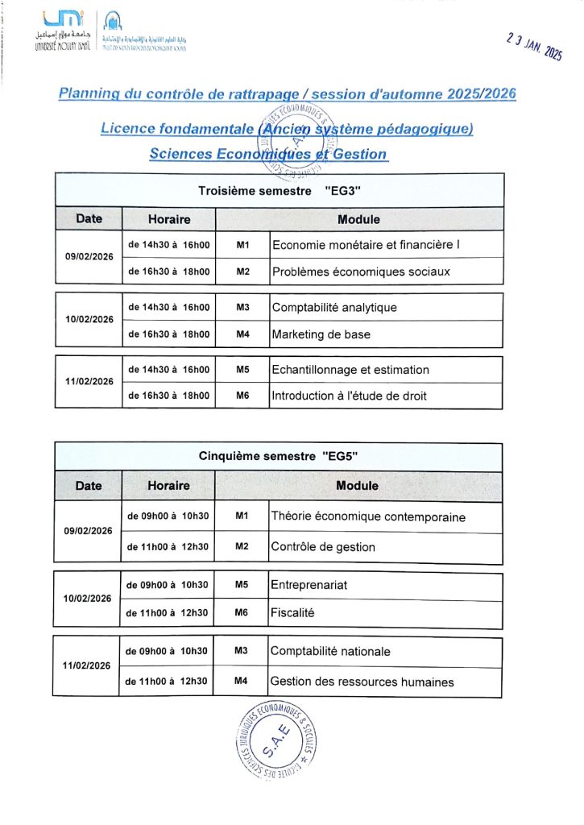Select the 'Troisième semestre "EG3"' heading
tap(278, 191)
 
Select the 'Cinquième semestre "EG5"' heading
tap(278, 456)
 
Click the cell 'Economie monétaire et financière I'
tap(366, 244)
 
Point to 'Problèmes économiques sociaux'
tap(360, 272)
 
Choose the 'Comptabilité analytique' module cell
tap(334, 307)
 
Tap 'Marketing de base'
tap(321, 334)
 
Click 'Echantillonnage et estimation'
tap(350, 370)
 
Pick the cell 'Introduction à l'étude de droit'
tap(349, 396)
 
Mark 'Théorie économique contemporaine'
tap(368, 516)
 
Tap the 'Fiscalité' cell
tap(292, 613)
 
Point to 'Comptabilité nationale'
tap(330, 651)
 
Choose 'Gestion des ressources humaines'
tap(362, 682)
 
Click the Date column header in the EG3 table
tap(89, 218)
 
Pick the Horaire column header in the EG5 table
tap(168, 486)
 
